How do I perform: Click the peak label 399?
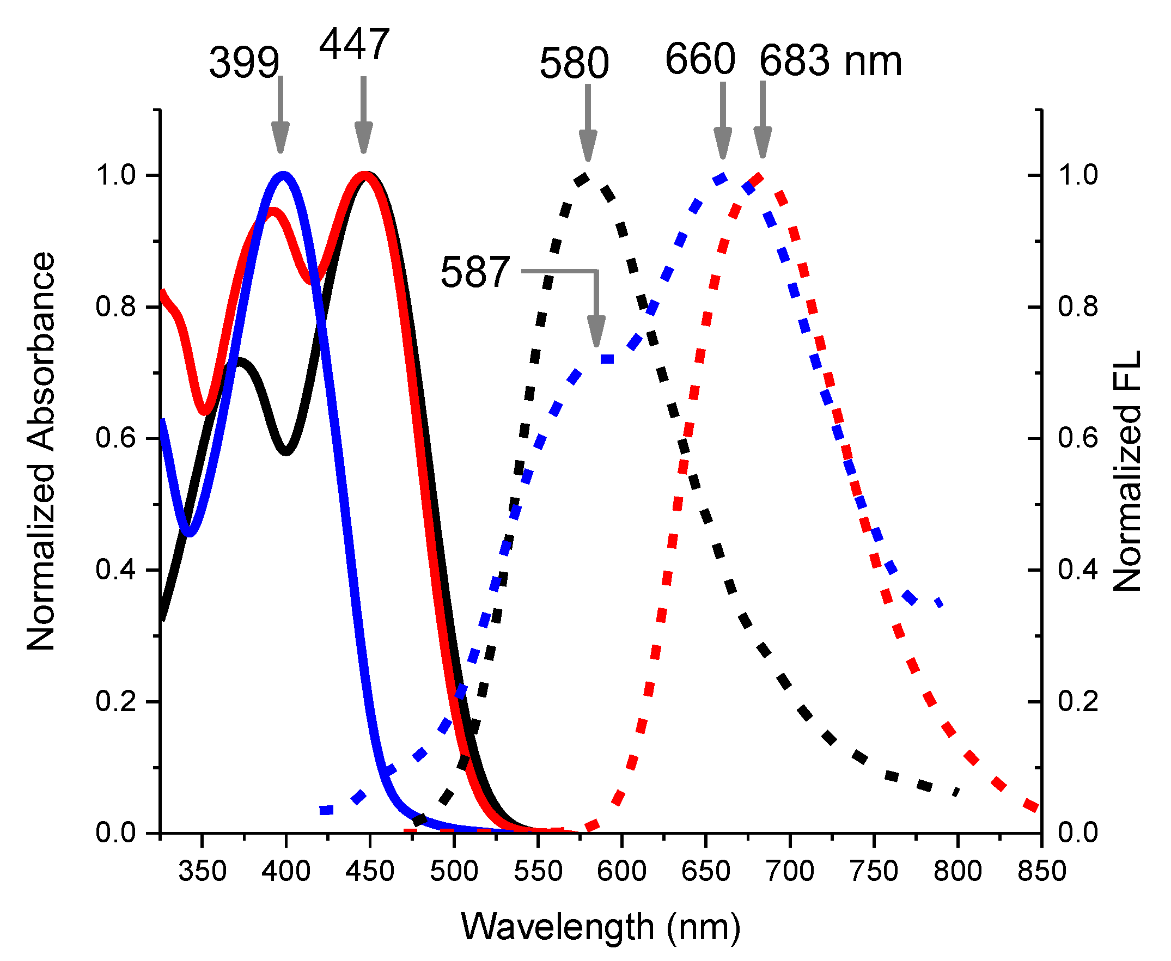[x=244, y=63]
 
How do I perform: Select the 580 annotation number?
[x=574, y=63]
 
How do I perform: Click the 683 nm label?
[x=830, y=60]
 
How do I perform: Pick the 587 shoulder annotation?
[x=474, y=272]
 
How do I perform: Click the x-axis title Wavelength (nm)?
[x=600, y=926]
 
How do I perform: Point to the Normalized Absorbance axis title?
[x=41, y=451]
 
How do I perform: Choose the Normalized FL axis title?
[x=1127, y=470]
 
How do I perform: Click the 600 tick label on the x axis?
[x=622, y=871]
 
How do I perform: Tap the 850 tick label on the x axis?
[x=1041, y=871]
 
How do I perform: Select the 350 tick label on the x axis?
[x=203, y=871]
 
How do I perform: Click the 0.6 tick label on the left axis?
[x=115, y=438]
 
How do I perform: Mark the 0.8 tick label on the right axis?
[x=1077, y=306]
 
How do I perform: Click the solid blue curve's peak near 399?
[x=283, y=175]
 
